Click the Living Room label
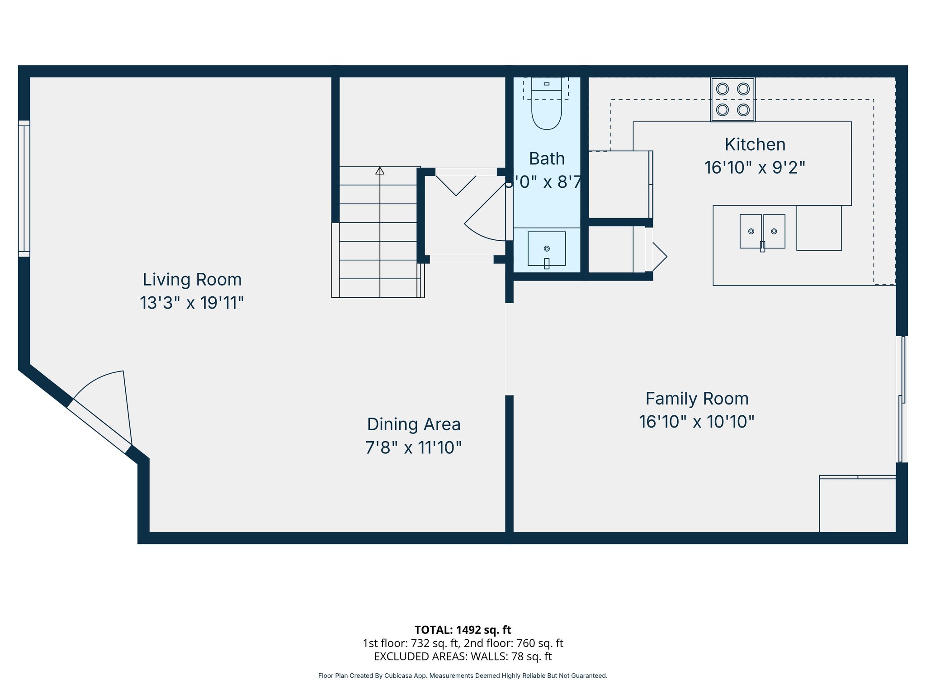point(192,280)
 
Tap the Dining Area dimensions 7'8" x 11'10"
point(413,447)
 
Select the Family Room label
point(697,399)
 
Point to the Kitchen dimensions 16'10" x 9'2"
point(755,168)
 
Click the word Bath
point(547,159)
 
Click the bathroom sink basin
point(546,248)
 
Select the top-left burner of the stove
point(722,89)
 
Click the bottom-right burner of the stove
point(743,109)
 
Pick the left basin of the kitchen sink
point(751,231)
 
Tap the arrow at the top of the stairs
point(380,171)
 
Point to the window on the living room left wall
point(24,189)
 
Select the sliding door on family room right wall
point(902,399)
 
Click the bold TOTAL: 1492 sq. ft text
point(463,630)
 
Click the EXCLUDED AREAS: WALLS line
point(463,656)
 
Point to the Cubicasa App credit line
point(463,676)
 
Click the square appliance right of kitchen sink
point(818,228)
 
